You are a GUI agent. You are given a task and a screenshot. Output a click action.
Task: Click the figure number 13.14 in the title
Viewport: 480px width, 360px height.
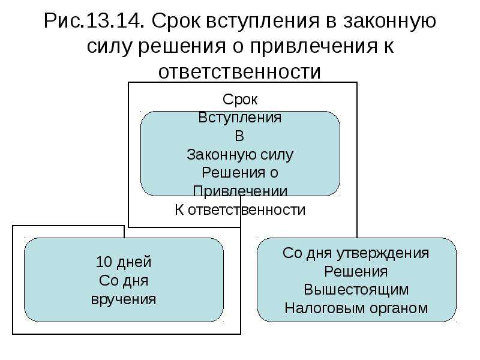[x=115, y=21]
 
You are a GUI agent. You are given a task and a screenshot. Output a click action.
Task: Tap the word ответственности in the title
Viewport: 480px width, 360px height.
[x=239, y=71]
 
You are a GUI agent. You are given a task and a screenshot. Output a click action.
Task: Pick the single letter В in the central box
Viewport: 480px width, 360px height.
[x=239, y=136]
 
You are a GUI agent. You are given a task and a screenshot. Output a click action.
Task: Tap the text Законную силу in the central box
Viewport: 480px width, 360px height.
[x=240, y=155]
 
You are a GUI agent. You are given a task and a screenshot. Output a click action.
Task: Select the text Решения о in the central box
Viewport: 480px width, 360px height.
[x=240, y=173]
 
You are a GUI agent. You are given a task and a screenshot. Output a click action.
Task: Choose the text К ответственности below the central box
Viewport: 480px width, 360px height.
[x=240, y=210]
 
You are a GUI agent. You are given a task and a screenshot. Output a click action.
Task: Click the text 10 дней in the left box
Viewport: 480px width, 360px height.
[x=124, y=262]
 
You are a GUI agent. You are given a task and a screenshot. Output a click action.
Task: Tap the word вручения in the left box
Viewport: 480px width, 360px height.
[x=124, y=299]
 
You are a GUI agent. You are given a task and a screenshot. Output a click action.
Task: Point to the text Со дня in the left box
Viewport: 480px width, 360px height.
[x=124, y=281]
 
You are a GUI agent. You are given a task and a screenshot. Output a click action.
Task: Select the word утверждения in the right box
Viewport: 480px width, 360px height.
[x=383, y=254]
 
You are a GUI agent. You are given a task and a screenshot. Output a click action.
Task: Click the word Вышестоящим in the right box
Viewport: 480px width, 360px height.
[x=356, y=290]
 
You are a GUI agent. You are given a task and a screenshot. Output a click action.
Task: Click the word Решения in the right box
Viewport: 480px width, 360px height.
[x=356, y=272]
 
